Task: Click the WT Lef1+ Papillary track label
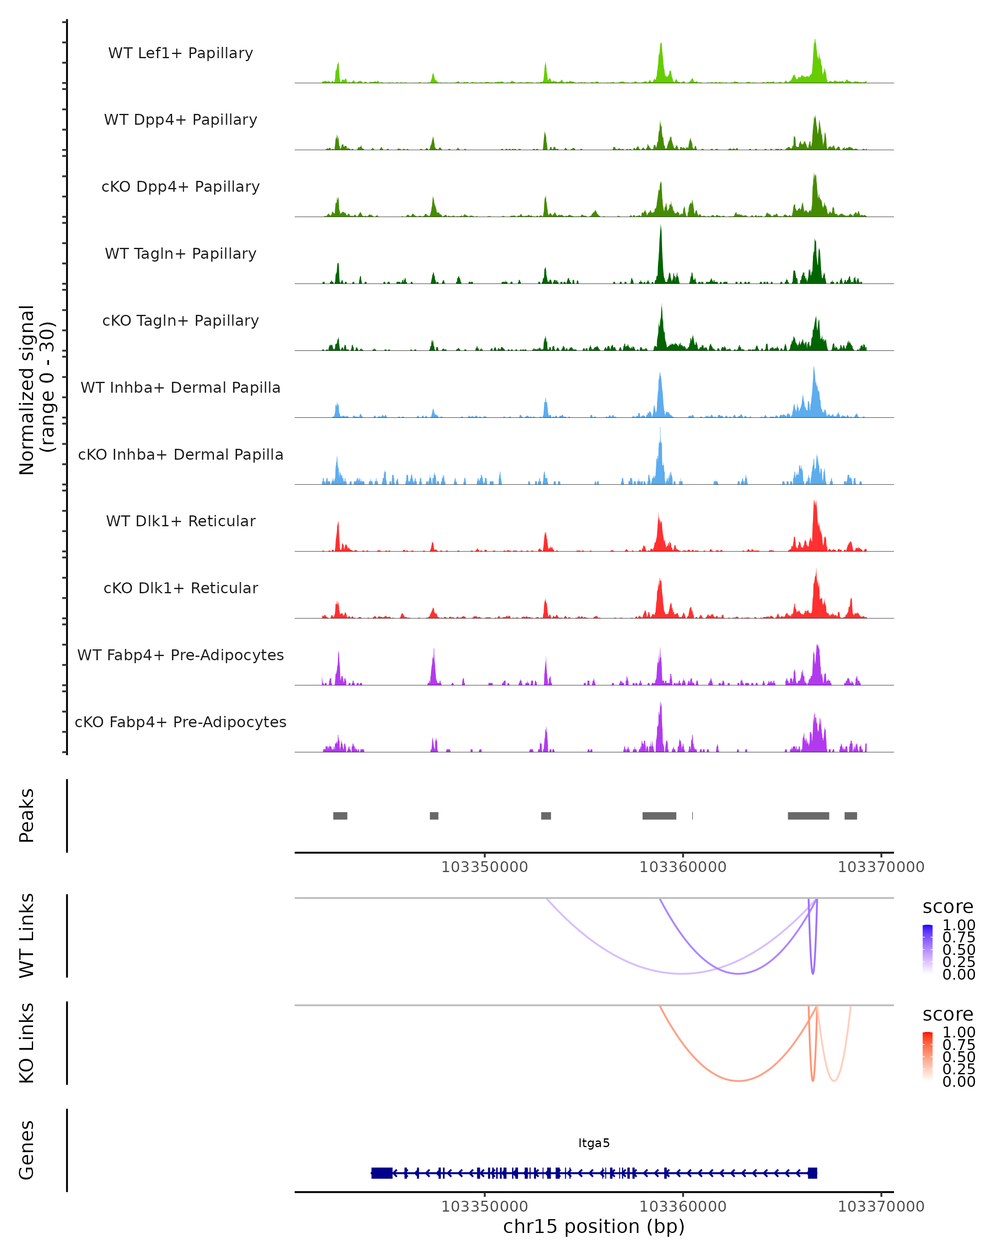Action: click(180, 53)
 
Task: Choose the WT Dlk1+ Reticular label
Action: click(180, 521)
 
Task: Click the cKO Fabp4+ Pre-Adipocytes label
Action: click(180, 722)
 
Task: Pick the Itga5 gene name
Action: click(594, 1143)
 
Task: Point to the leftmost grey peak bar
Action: click(340, 816)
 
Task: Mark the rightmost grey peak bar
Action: click(850, 816)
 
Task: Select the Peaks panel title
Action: click(27, 816)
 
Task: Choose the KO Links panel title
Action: click(27, 1043)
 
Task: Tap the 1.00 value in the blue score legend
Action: click(959, 925)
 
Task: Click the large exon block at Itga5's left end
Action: click(381, 1173)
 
